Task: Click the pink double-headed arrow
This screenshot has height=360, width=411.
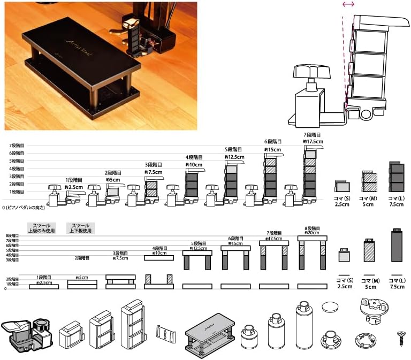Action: (348, 4)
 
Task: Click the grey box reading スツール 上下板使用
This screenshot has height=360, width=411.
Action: (80, 227)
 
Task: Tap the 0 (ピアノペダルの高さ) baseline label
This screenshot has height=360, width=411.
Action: (26, 206)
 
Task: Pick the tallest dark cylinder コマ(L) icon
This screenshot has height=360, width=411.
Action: (397, 246)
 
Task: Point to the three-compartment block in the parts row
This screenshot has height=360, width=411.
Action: (134, 324)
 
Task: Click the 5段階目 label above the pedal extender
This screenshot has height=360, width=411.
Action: (234, 149)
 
